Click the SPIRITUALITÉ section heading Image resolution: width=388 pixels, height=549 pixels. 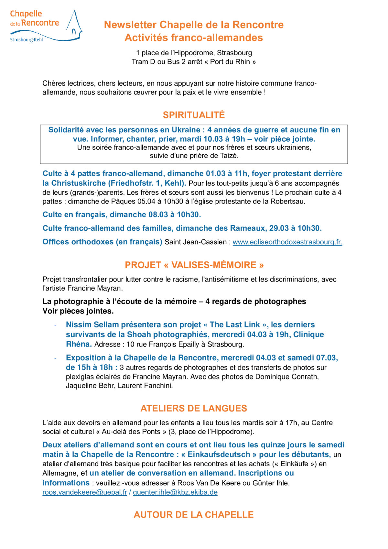tap(194, 115)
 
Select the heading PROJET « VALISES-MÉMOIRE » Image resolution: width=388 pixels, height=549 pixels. tap(194, 265)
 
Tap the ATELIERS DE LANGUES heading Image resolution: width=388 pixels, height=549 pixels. tap(194, 408)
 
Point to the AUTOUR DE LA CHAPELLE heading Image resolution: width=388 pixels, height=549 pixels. tap(194, 514)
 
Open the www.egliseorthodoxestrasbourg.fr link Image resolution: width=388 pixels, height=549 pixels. tap(287, 242)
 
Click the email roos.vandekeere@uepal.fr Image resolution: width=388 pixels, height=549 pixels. tap(85, 492)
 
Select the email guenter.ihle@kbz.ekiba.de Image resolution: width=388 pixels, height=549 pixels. tap(175, 492)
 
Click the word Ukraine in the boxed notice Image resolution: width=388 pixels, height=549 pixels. tap(186, 130)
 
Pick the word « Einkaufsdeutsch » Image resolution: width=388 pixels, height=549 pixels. tap(219, 454)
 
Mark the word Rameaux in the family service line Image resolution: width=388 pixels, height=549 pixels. tap(248, 228)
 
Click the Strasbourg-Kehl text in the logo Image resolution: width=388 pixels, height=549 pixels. tap(27, 40)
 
